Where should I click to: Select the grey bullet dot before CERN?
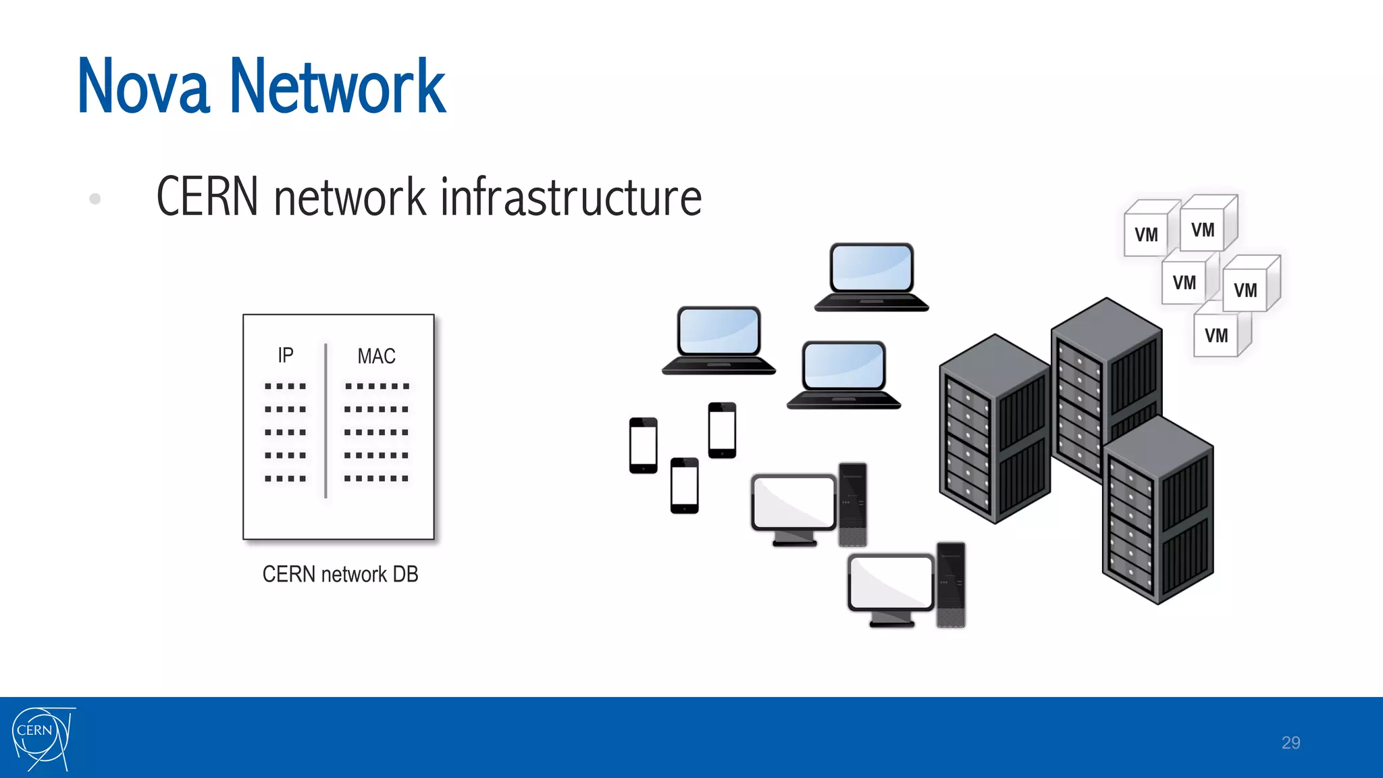95,199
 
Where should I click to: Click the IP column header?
286,355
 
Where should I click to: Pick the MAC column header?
376,356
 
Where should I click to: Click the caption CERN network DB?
340,574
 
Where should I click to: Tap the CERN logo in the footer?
42,737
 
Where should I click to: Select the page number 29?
1290,743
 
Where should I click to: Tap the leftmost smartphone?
643,445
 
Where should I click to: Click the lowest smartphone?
684,485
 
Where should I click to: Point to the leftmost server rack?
994,429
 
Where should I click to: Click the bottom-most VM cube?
1218,334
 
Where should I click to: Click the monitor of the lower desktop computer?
891,582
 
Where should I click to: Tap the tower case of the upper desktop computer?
852,503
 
